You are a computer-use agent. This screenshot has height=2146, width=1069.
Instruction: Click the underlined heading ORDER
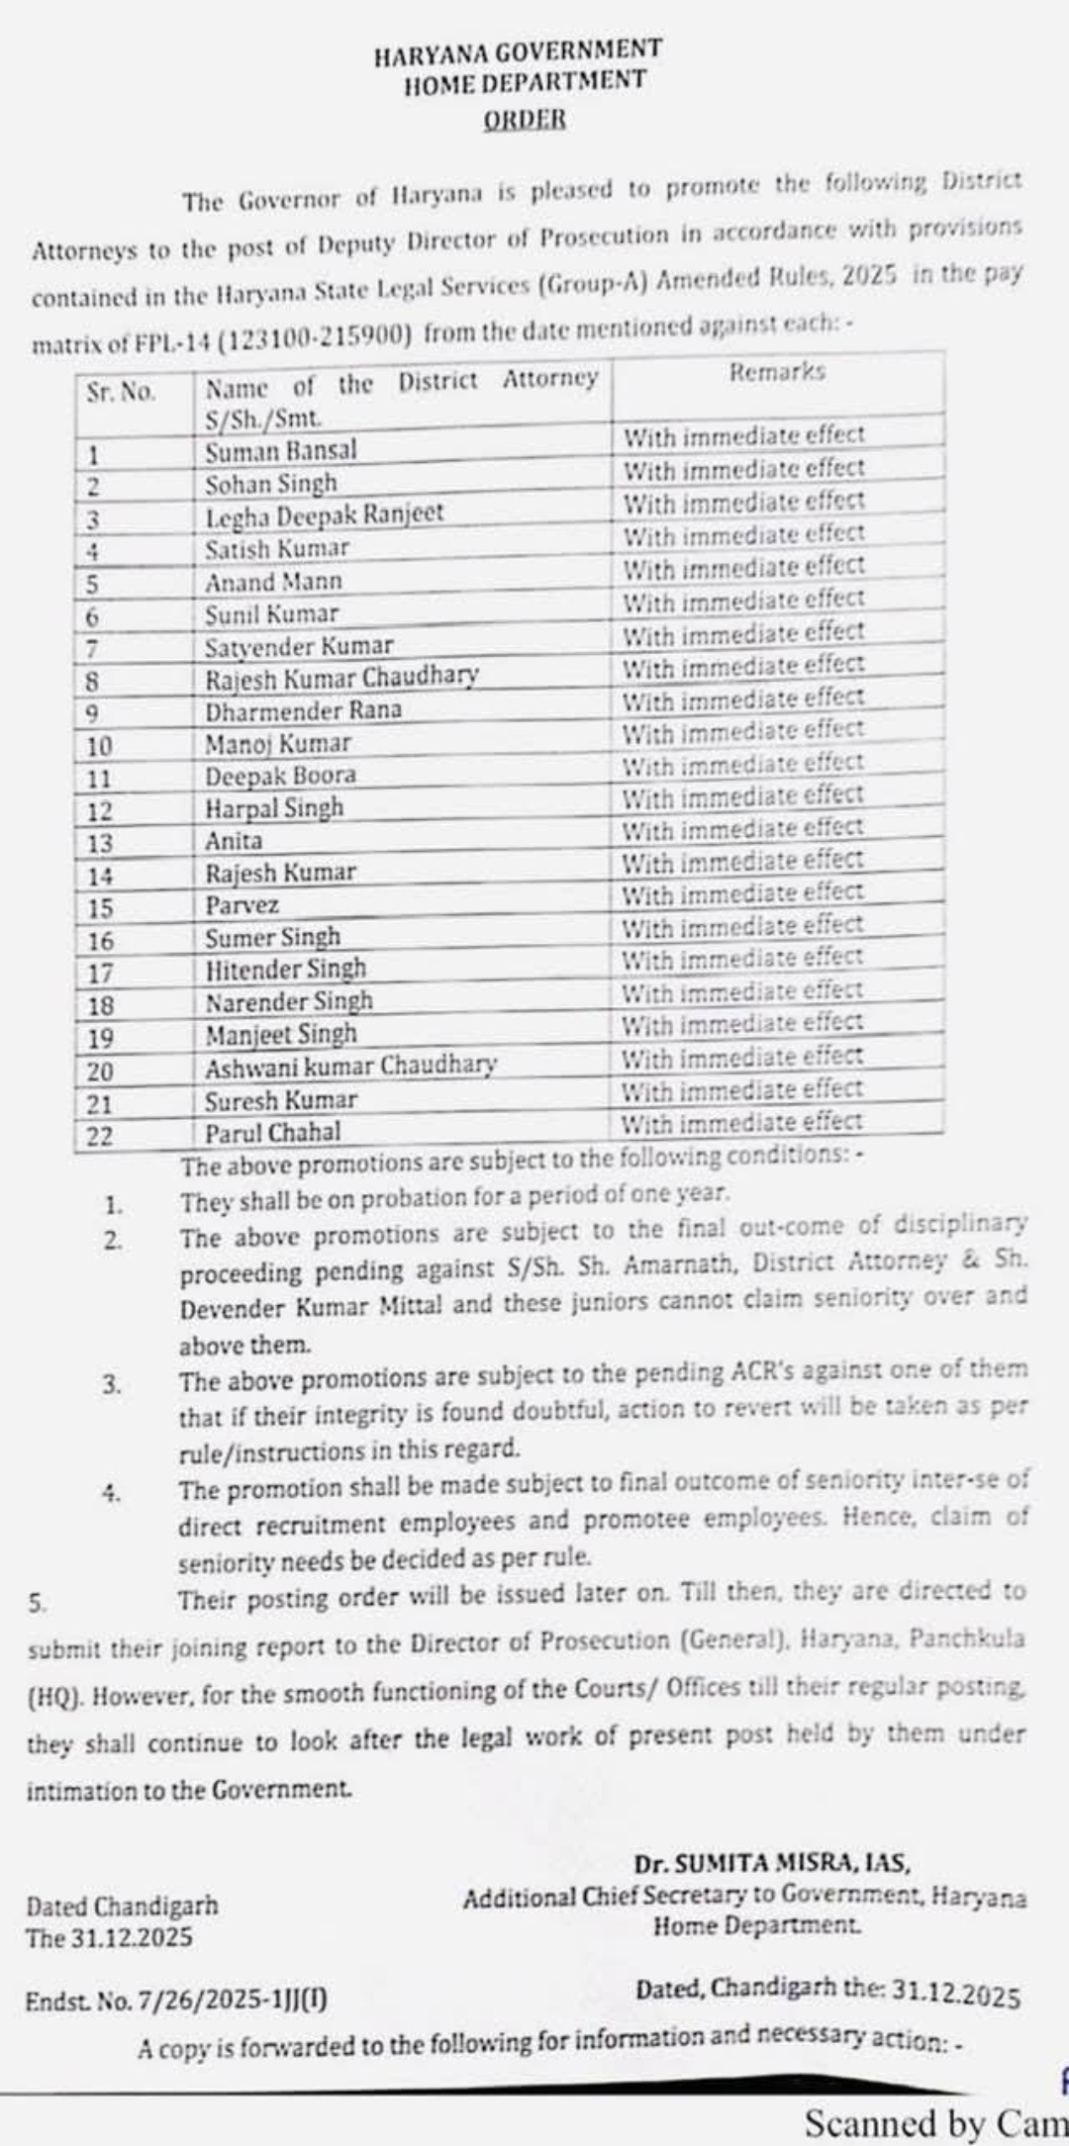pyautogui.click(x=525, y=120)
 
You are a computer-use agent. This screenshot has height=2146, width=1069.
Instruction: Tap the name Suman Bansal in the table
pyautogui.click(x=280, y=451)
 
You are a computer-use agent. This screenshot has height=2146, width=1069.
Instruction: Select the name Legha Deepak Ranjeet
pyautogui.click(x=324, y=515)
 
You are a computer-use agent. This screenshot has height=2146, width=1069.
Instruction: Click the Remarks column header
pyautogui.click(x=776, y=372)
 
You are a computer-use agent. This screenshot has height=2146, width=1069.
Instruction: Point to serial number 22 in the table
pyautogui.click(x=100, y=1136)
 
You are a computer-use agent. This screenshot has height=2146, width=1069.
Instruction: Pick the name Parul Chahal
pyautogui.click(x=272, y=1132)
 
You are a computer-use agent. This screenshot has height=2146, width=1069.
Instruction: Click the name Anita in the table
pyautogui.click(x=234, y=841)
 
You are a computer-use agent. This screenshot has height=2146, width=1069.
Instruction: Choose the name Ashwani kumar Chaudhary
pyautogui.click(x=350, y=1067)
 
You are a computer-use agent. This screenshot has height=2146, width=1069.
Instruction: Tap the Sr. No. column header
pyautogui.click(x=121, y=392)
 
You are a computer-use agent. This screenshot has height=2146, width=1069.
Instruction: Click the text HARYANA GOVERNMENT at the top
pyautogui.click(x=518, y=51)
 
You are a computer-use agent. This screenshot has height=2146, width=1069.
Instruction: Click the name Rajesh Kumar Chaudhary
pyautogui.click(x=341, y=679)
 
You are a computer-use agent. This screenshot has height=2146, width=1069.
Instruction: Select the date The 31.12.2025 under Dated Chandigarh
pyautogui.click(x=110, y=1936)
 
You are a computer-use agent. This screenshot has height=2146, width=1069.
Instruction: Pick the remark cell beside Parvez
pyautogui.click(x=742, y=893)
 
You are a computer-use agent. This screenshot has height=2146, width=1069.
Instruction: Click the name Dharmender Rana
pyautogui.click(x=303, y=711)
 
